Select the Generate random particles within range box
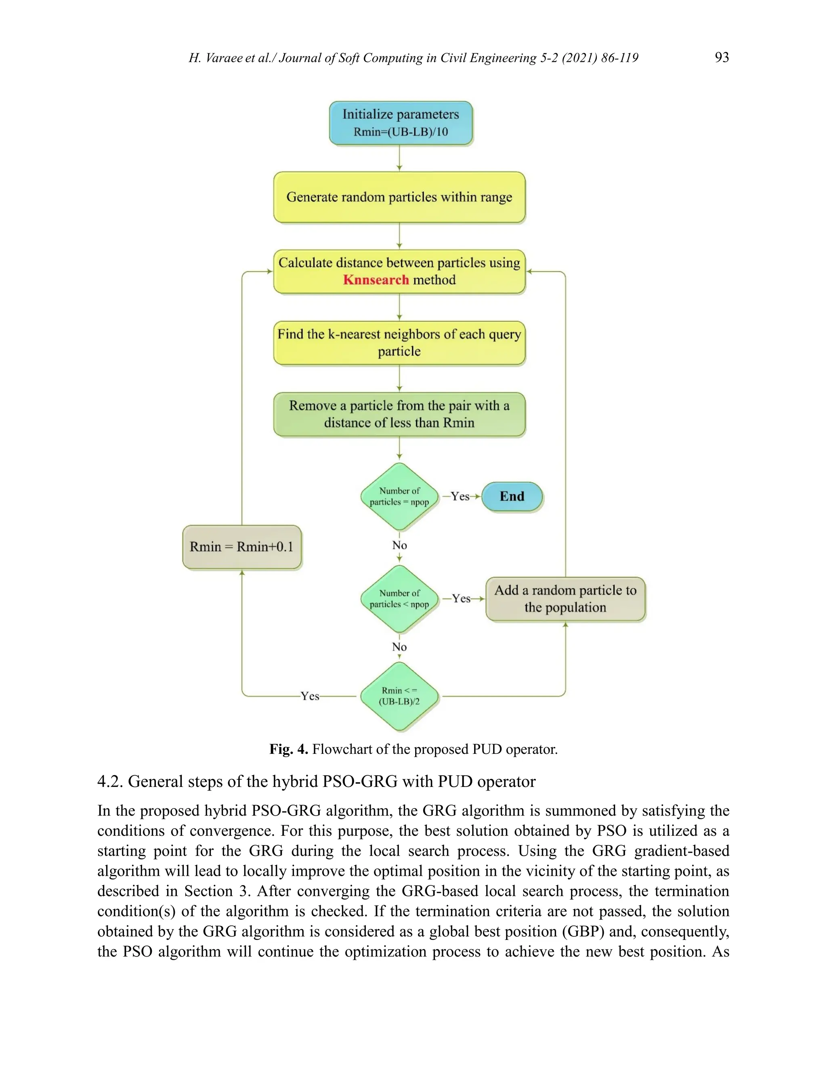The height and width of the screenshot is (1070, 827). click(399, 197)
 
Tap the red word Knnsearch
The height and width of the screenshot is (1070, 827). click(376, 280)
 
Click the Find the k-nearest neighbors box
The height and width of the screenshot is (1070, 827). click(399, 342)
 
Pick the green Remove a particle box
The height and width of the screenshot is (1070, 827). click(399, 414)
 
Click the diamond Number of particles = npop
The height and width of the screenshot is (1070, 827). click(399, 496)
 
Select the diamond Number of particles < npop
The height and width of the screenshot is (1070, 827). click(399, 599)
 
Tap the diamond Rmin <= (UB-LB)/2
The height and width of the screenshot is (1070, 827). click(399, 696)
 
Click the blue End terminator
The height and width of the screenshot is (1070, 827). click(512, 496)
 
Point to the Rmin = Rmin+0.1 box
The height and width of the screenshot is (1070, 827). click(241, 547)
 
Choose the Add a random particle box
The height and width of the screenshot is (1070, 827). click(565, 599)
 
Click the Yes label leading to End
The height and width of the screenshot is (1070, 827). click(460, 496)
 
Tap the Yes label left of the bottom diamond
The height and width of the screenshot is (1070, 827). click(310, 696)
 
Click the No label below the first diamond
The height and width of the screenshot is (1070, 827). click(399, 545)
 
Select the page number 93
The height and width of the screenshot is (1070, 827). click(722, 57)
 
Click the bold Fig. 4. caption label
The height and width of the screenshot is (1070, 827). click(288, 749)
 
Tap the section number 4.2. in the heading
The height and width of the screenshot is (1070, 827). click(110, 781)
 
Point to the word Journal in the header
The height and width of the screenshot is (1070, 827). click(301, 58)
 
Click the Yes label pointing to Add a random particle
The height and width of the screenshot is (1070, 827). click(461, 599)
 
